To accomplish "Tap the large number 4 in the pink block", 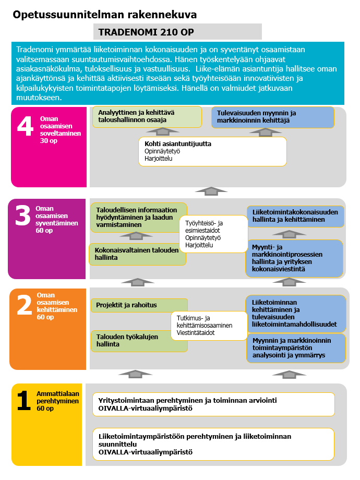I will tap(25, 127).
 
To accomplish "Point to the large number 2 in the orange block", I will tap(25, 306).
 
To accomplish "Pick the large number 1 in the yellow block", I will tap(23, 401).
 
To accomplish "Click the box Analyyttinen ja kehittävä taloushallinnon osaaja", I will tap(147, 117).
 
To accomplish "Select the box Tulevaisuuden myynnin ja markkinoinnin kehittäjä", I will tap(272, 117).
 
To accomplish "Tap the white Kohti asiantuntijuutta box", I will tap(212, 151).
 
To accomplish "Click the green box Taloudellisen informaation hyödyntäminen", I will tap(138, 217).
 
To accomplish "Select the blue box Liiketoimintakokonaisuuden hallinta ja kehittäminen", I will tap(295, 216).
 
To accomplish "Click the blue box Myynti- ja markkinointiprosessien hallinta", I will tap(294, 258).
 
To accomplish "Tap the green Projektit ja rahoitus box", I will tap(139, 305).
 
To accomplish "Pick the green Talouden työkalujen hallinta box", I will tap(138, 341).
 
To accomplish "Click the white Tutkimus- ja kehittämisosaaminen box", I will tap(209, 326).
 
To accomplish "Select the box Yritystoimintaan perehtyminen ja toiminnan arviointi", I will tap(213, 404).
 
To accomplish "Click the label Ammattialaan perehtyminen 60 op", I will tap(57, 401).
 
